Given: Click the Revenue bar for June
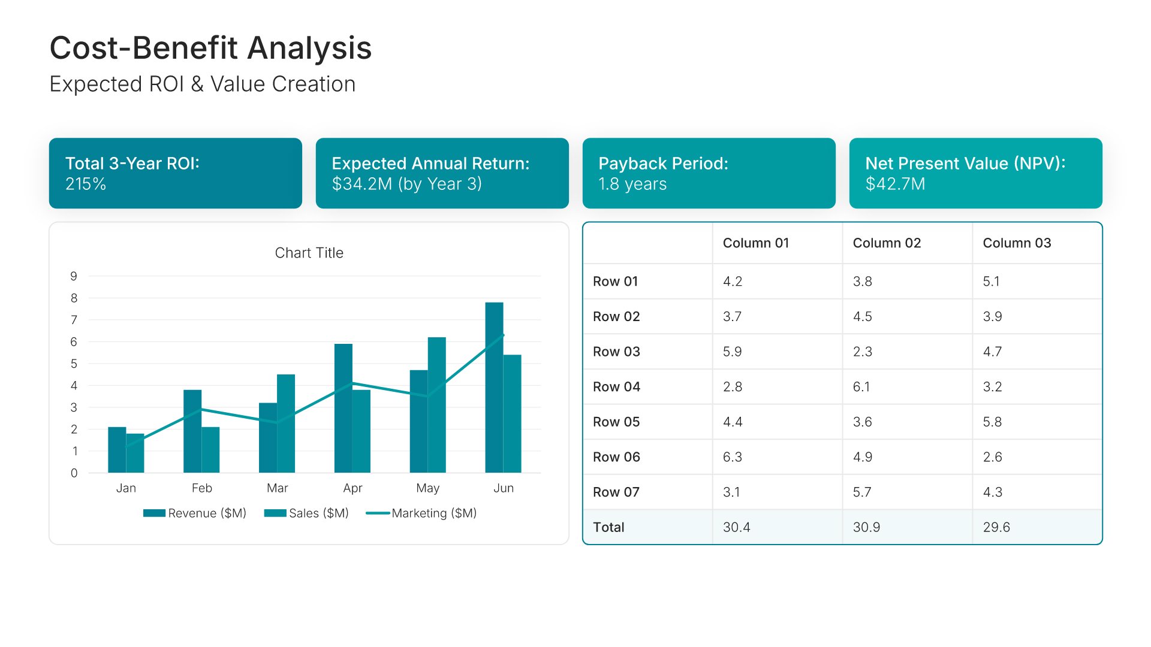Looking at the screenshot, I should click(x=494, y=388).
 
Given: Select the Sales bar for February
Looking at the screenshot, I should click(x=210, y=450).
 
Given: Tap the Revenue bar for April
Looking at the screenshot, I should click(x=344, y=408).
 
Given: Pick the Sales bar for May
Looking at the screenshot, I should click(x=436, y=405).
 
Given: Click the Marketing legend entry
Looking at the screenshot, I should click(x=421, y=513).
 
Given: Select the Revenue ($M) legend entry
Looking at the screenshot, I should click(x=195, y=513).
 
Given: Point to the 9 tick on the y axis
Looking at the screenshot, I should click(x=74, y=276).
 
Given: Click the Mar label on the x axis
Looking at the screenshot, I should click(x=277, y=488).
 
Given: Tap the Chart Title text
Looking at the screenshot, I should click(x=309, y=253).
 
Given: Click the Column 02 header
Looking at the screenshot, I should click(x=887, y=243).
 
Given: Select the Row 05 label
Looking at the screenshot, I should click(x=616, y=422).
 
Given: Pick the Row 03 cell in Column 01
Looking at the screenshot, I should click(x=732, y=352).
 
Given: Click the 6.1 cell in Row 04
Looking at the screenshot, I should click(x=861, y=387).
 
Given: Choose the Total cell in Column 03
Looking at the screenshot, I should click(x=996, y=527).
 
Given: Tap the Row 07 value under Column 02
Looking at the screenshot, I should click(x=862, y=492).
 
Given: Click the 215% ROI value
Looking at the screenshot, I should click(x=86, y=184).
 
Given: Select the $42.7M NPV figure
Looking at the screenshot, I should click(x=895, y=184).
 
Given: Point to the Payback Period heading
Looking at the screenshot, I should click(x=663, y=164).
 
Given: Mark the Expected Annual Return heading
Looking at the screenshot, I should click(x=430, y=164).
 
